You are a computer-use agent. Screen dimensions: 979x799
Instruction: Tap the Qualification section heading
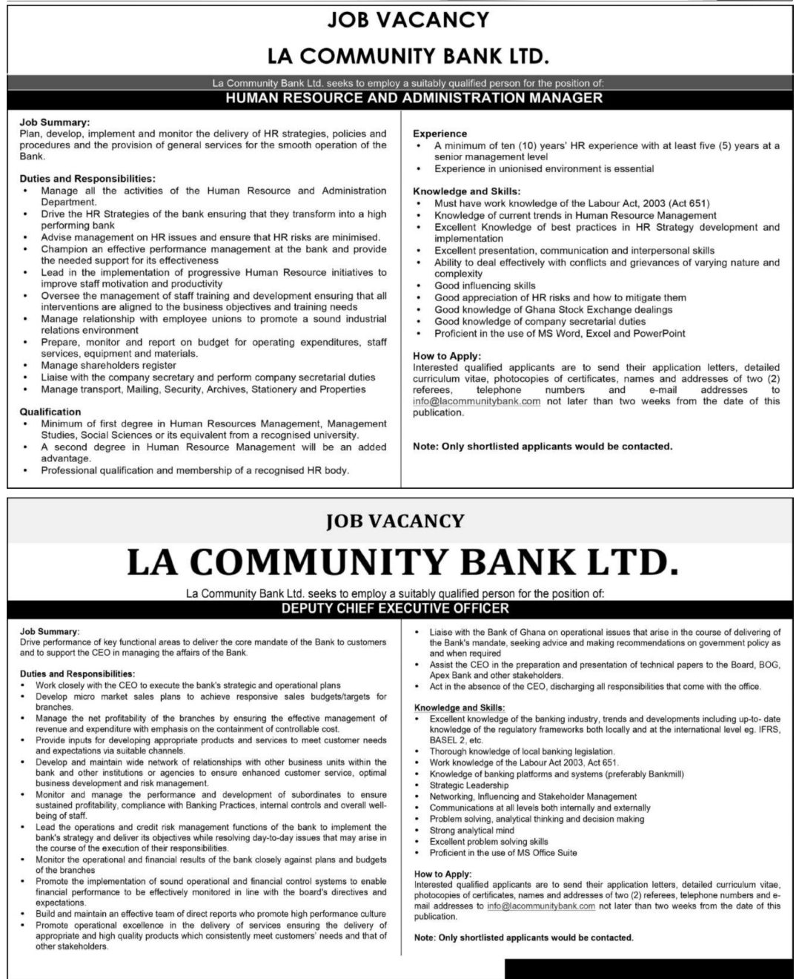tap(50, 412)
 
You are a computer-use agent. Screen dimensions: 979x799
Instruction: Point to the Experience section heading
tap(440, 133)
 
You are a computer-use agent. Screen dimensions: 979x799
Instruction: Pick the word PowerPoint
tap(659, 333)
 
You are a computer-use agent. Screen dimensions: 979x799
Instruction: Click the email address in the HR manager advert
tap(477, 401)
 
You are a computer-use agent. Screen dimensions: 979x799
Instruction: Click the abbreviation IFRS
tap(768, 730)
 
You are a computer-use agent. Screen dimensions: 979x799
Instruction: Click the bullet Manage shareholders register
tap(109, 365)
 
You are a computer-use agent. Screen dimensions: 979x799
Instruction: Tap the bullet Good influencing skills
tap(485, 286)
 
